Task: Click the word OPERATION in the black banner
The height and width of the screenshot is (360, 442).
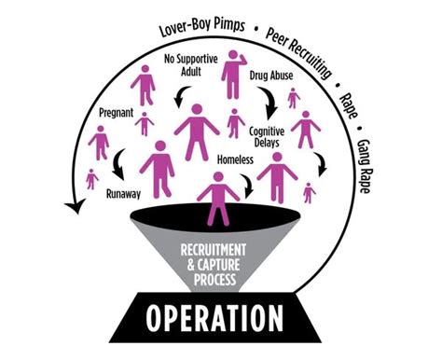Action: (221, 319)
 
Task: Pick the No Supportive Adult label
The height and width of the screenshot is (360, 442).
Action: (183, 68)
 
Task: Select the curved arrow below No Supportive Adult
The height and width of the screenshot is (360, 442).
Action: (182, 93)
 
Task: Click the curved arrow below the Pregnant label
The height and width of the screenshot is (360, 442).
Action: (117, 166)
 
